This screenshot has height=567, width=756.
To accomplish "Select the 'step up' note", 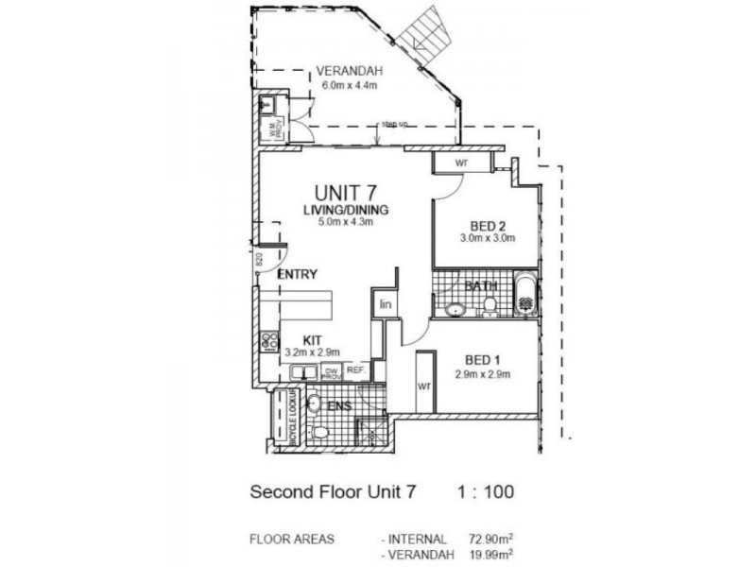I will tap(394, 124).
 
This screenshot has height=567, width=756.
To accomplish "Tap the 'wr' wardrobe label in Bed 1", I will tap(423, 387).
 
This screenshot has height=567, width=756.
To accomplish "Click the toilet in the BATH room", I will tap(490, 302).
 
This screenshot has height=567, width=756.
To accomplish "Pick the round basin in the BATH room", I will tap(455, 306).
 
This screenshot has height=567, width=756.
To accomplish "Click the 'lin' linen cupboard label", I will tap(386, 304).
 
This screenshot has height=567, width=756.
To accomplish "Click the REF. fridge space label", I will tap(355, 371).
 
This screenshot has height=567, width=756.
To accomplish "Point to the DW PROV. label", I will tap(331, 372).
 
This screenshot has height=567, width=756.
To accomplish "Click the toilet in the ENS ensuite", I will tap(318, 432).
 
